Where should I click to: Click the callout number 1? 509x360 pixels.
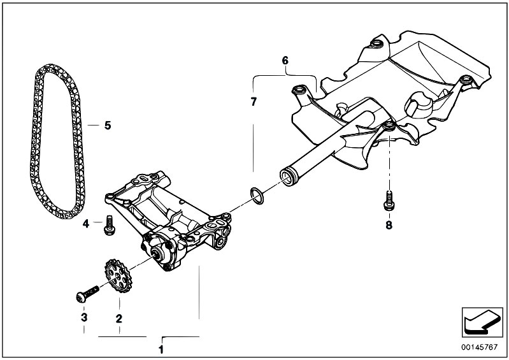(161, 349)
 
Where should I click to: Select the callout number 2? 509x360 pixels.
(118, 317)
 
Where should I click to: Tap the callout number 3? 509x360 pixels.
(83, 317)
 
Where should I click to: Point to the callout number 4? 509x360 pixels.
(85, 223)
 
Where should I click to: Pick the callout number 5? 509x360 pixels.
(107, 126)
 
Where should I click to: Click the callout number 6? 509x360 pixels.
(285, 61)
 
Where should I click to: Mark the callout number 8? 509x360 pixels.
(388, 224)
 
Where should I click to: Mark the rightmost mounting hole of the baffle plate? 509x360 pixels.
(468, 80)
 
